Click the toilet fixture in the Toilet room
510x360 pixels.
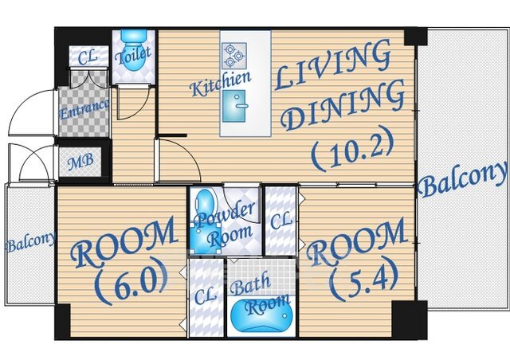pos(133,50)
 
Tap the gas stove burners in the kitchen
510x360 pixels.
pos(234,56)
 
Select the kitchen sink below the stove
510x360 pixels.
pos(234,106)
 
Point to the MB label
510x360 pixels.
pos(80,162)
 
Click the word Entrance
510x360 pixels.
pos(84,110)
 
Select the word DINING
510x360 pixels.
pos(343,105)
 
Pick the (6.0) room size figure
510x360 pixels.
pos(131,280)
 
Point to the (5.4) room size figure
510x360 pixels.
pos(363,279)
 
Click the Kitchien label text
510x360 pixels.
pos(222,84)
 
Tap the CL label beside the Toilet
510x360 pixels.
pos(88,57)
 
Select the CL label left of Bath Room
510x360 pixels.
pos(206,295)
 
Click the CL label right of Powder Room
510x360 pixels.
pos(281,221)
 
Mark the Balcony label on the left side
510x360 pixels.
pos(31,242)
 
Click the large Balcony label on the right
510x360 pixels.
pos(463,180)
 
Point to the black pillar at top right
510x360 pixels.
pos(416,36)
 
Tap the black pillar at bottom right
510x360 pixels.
pos(409,319)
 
